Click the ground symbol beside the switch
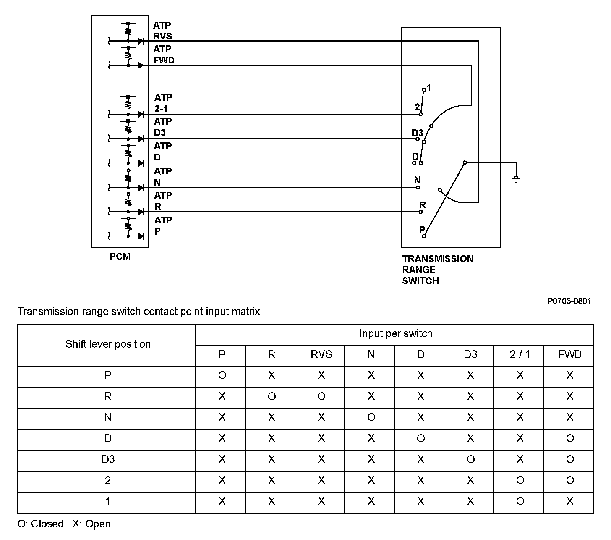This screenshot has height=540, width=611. coord(516,179)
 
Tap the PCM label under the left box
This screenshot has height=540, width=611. coord(120,257)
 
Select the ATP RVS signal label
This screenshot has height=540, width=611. coord(162,31)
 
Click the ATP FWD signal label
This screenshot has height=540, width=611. coord(164,55)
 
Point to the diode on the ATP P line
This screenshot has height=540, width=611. coord(141,236)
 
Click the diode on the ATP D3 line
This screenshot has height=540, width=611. coord(141,139)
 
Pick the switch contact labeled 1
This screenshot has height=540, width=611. coord(424,89)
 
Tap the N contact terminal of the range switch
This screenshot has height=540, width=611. coord(418,187)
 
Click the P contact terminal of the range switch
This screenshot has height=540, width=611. coord(424,236)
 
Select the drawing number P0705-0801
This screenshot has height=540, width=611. coord(569,301)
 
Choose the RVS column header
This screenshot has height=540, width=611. coord(321,355)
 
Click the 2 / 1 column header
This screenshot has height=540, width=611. coord(520,355)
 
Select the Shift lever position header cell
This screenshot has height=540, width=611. coord(108,344)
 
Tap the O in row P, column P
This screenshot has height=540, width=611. coord(222,375)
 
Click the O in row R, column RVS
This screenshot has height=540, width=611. coord(321,396)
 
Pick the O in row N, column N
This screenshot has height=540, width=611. coord(371,417)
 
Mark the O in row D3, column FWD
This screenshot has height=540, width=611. coord(569,459)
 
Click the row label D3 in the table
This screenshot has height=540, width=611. coord(108,459)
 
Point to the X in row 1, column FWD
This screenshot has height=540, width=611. coord(569,501)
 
